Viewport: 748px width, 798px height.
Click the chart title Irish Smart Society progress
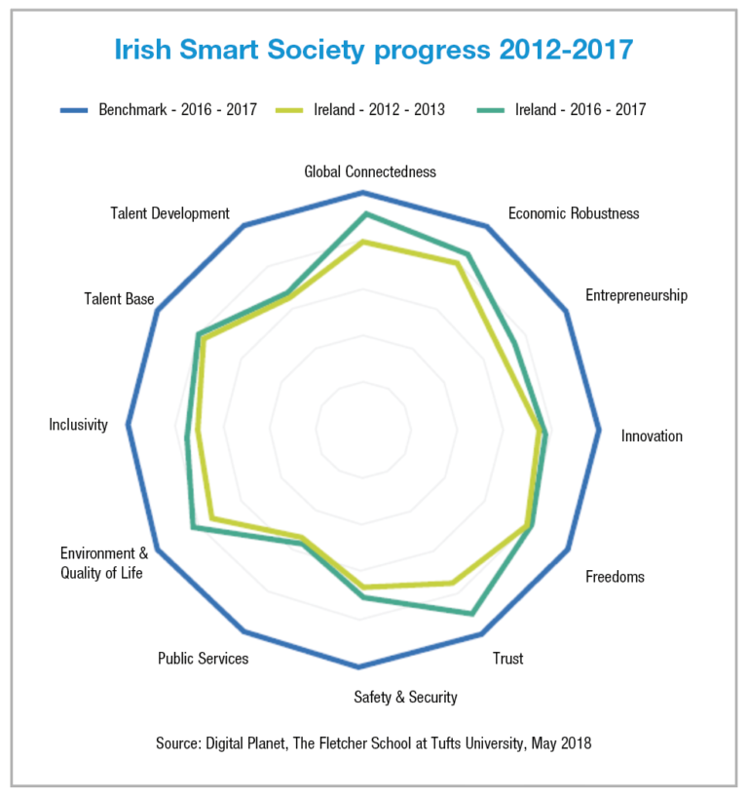point(373,50)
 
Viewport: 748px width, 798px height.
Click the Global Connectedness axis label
point(370,171)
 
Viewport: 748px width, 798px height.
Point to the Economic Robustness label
point(574,212)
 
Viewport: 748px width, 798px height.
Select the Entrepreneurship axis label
point(636,295)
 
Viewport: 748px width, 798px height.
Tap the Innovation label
point(652,436)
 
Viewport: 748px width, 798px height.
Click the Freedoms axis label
point(615,577)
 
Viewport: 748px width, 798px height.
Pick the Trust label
point(507,659)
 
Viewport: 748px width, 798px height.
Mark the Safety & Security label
point(405,697)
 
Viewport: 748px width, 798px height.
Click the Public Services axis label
point(203,659)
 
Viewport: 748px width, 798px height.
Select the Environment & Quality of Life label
point(103,562)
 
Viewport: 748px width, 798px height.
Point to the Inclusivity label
point(78,424)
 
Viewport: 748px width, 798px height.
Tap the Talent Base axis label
point(119,299)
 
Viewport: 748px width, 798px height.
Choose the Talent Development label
point(169,213)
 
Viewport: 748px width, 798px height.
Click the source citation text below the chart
point(373,743)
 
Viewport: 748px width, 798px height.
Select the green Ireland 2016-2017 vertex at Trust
point(472,614)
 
